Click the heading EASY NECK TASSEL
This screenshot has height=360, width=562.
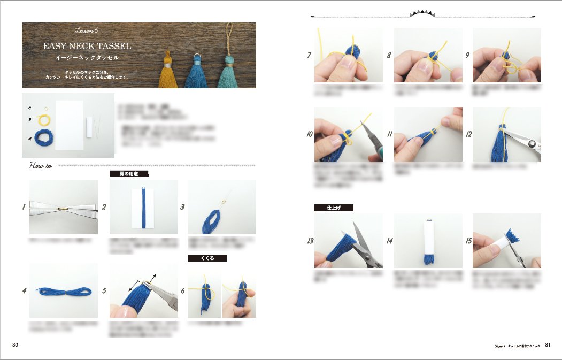click(x=87, y=47)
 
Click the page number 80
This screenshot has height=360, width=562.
click(x=16, y=344)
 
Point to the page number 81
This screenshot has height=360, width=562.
click(x=548, y=345)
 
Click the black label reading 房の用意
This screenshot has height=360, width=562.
click(x=128, y=174)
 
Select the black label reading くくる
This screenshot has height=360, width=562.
click(x=207, y=258)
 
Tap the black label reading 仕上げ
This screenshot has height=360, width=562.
click(x=334, y=208)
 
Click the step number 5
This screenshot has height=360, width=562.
click(x=104, y=291)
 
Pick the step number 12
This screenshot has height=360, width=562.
click(x=468, y=134)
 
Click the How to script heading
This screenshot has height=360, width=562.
click(x=41, y=166)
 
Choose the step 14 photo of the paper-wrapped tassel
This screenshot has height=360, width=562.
click(x=428, y=240)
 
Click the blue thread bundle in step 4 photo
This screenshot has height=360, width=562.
click(x=64, y=291)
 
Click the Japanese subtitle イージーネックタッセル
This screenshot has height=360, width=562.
click(x=87, y=57)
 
